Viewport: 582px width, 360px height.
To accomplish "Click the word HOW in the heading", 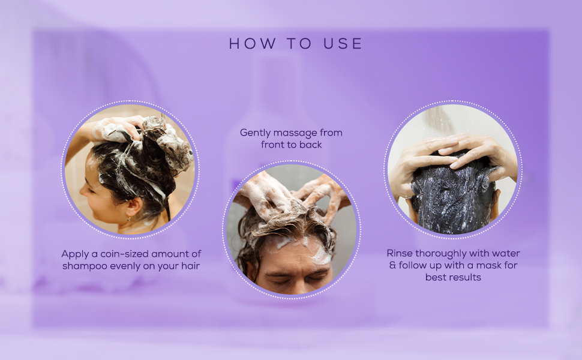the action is point(253,43).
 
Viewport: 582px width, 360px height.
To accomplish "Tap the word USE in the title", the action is point(343,43).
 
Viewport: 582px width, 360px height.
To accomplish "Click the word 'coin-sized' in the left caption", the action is point(124,254).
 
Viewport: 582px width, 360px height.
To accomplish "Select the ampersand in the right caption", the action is point(392,265).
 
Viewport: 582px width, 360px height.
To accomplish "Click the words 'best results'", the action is point(453,277).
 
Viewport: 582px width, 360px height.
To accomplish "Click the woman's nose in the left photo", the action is point(84,190).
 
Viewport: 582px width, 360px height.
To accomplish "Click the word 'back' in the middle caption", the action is point(310,145).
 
